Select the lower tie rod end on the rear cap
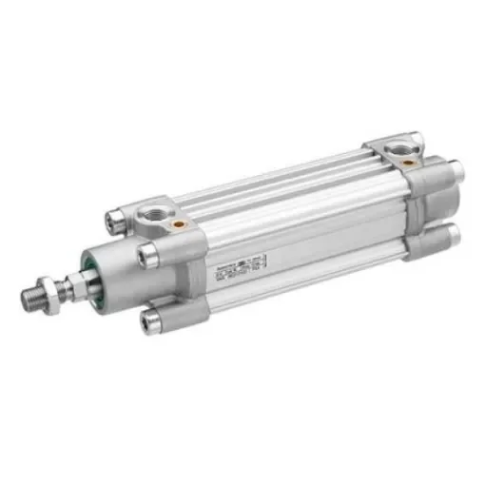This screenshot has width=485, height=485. pyautogui.click(x=448, y=236)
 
